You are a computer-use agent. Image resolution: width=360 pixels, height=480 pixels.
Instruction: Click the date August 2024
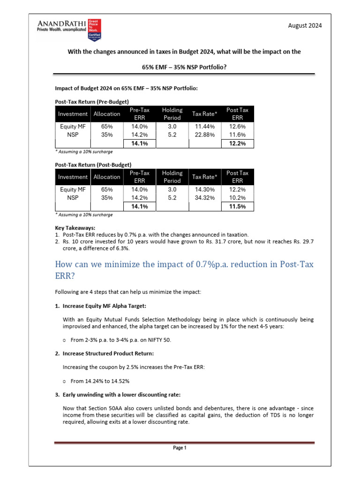(x=305, y=26)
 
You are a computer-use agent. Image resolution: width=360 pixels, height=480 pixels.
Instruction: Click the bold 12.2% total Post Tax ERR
(x=238, y=143)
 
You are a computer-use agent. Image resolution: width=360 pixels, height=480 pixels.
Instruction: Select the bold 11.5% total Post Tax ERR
(x=238, y=206)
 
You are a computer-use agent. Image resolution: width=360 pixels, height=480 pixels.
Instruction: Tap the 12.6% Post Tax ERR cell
(x=238, y=127)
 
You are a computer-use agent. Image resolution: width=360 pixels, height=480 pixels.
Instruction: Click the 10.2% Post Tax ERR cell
(x=238, y=198)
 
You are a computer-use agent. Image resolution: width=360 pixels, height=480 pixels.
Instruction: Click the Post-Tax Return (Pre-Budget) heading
(x=92, y=101)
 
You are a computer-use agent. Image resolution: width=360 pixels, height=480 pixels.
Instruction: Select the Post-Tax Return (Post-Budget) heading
(x=93, y=165)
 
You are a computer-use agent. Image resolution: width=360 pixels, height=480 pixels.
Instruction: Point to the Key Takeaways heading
(x=75, y=228)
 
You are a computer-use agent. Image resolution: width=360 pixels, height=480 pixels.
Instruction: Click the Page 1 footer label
(x=180, y=448)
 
